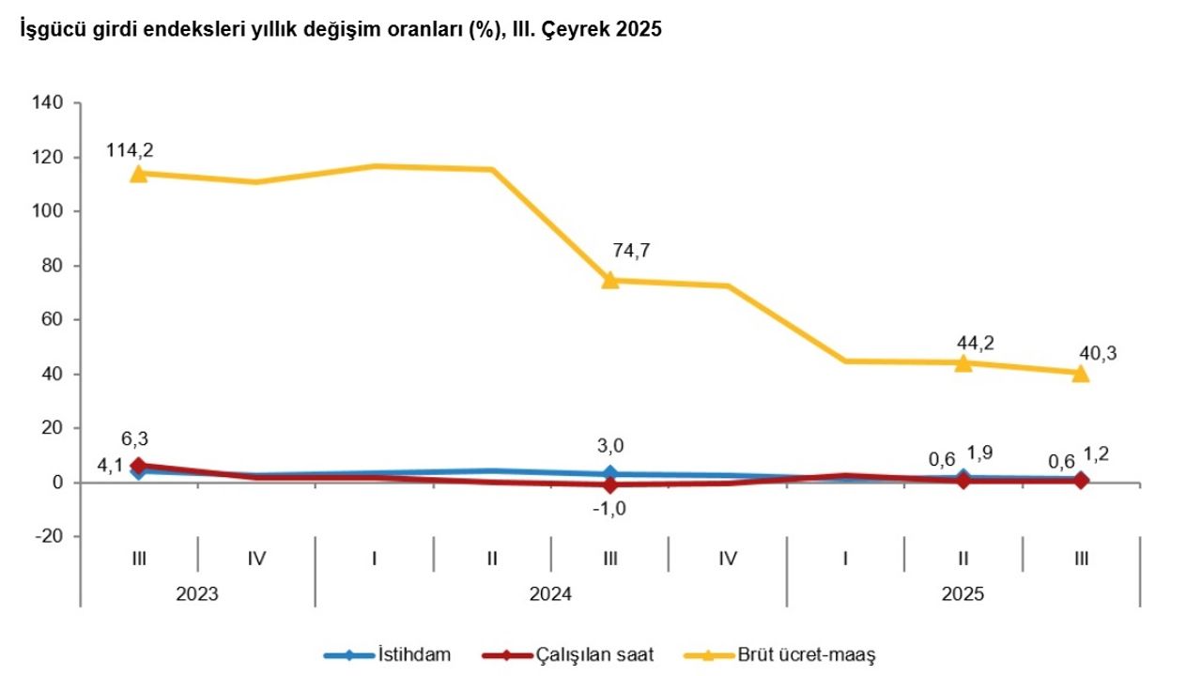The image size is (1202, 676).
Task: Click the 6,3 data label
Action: [x=134, y=438]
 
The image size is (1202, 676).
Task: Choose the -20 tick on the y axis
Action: [x=49, y=536]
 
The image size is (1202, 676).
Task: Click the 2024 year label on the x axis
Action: [x=550, y=594]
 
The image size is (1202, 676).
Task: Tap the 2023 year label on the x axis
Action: [x=197, y=594]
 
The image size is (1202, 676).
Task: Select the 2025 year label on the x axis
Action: [x=963, y=594]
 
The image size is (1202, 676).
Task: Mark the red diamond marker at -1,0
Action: [x=610, y=485]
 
